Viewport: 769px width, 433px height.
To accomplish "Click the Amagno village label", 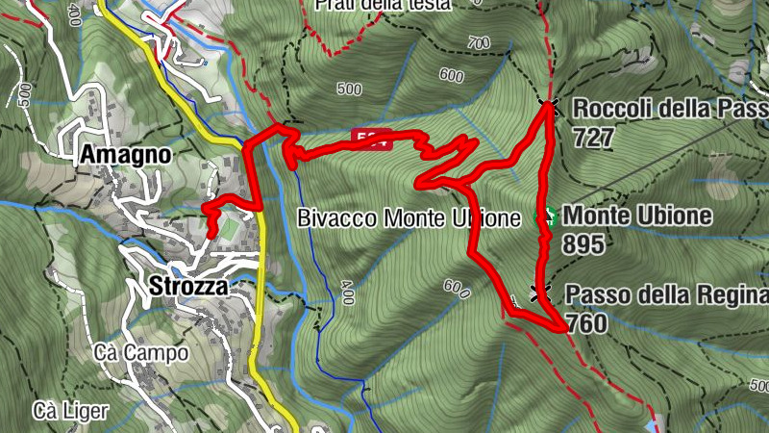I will coord(126,154).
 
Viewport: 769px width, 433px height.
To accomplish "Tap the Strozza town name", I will coord(187,286).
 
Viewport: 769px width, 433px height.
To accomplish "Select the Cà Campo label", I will coord(141,353).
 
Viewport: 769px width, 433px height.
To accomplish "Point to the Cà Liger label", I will coord(70,411).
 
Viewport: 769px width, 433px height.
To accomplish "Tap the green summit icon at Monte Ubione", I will coord(546,217).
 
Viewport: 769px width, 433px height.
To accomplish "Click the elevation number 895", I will coord(584,244).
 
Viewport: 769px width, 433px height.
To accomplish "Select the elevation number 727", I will coord(592,137).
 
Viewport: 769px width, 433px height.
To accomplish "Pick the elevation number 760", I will coord(586,322).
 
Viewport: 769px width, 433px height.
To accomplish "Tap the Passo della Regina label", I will coord(666,294).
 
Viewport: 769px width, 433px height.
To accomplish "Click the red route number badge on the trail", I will coord(369,137).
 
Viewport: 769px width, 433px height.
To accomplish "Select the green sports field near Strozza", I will coord(229,228).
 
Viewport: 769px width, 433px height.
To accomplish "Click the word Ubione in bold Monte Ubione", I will coord(674,216).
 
